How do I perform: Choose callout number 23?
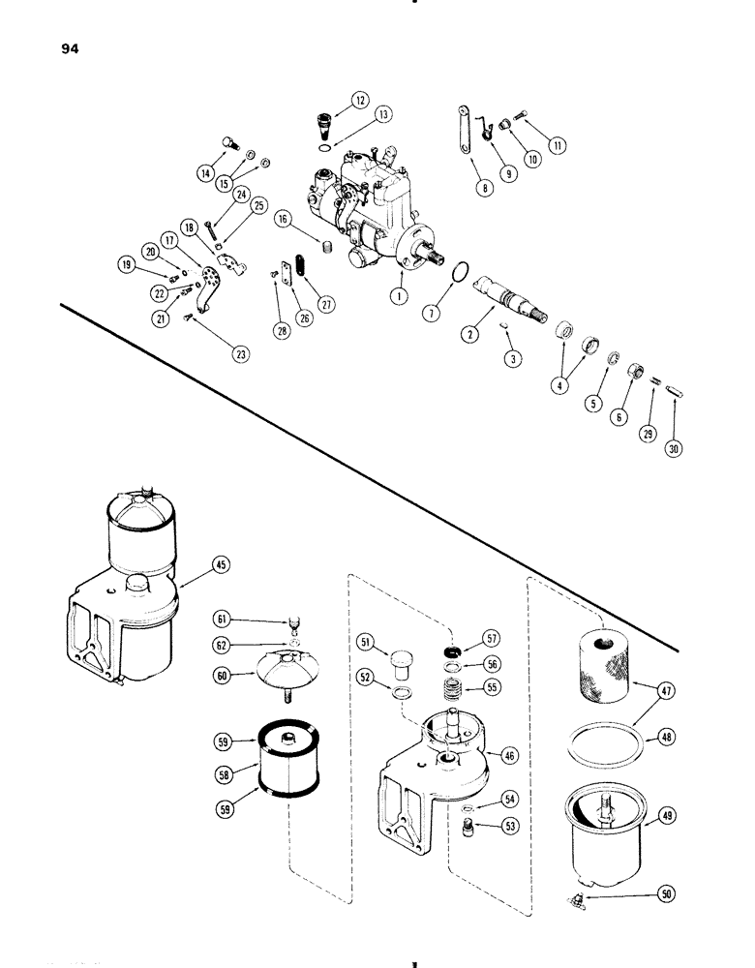(x=241, y=354)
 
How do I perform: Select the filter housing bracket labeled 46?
(x=426, y=765)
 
